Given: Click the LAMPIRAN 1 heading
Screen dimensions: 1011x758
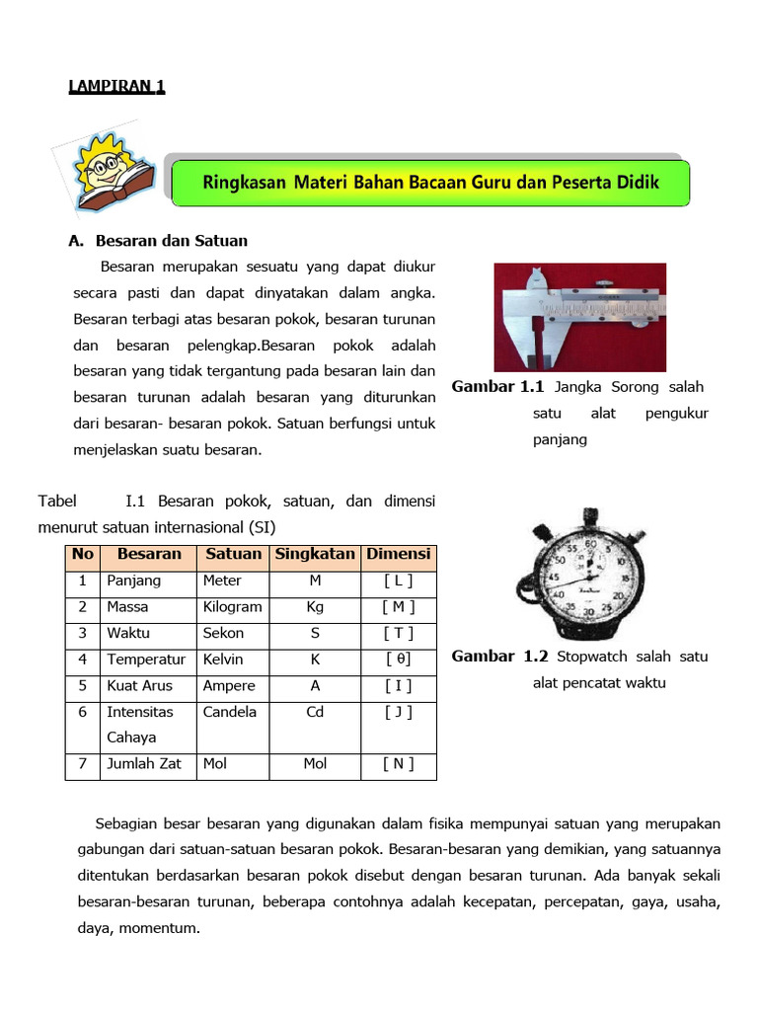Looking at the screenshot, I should (x=116, y=87).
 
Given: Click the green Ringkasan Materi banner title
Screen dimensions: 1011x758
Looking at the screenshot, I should (x=430, y=183).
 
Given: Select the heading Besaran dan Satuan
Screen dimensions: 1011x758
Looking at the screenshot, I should (x=171, y=240).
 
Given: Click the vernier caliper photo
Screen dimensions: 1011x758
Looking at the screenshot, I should (x=579, y=316).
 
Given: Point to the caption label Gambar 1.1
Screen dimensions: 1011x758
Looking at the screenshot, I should (x=498, y=387).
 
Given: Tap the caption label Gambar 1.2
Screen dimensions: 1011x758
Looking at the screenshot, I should (x=499, y=657).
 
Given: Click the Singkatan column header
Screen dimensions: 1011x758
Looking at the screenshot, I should (x=314, y=554).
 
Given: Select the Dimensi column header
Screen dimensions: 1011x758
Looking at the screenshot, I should (x=399, y=554).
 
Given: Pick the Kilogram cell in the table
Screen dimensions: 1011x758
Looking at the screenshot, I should (x=232, y=607).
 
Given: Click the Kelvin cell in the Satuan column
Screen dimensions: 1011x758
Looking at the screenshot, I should (x=223, y=660).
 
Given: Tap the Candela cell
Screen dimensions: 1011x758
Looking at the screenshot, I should (x=229, y=712).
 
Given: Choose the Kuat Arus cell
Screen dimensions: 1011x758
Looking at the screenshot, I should (x=139, y=685).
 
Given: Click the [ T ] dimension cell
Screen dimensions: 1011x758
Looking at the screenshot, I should (x=399, y=633).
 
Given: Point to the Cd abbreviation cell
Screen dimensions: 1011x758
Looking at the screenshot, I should (x=315, y=712).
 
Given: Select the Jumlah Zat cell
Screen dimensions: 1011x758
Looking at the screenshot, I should (x=144, y=763).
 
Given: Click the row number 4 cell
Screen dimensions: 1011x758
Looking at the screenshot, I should (x=83, y=660).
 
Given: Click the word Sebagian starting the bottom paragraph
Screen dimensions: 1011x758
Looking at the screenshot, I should (x=125, y=823).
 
